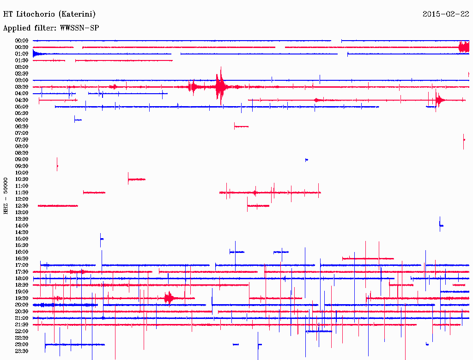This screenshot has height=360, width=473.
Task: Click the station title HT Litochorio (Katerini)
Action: coord(49,14)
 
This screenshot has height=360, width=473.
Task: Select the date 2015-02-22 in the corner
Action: coord(446,14)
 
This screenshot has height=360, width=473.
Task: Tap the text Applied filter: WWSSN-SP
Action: coord(51,28)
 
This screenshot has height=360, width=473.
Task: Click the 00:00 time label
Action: coord(22,41)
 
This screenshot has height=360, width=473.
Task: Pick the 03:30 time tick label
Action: coord(22,87)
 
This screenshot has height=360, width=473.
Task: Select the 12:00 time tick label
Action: coord(22,199)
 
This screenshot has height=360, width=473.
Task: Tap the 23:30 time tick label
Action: coord(22,351)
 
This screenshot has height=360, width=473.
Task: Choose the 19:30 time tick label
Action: coord(22,298)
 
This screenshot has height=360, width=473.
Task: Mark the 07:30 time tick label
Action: coord(22,139)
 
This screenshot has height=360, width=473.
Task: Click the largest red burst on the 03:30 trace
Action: coord(220,86)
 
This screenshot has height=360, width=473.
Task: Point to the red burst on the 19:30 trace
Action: coord(169,298)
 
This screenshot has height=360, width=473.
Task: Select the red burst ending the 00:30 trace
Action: coord(463,47)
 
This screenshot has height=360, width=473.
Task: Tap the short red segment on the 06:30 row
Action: coord(241,126)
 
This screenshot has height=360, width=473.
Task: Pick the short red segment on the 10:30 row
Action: coord(137,179)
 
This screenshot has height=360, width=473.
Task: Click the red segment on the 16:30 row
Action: coord(368,258)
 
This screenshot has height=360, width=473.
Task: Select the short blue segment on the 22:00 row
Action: coord(319,331)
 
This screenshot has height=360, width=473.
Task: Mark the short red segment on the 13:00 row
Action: coord(258,206)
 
